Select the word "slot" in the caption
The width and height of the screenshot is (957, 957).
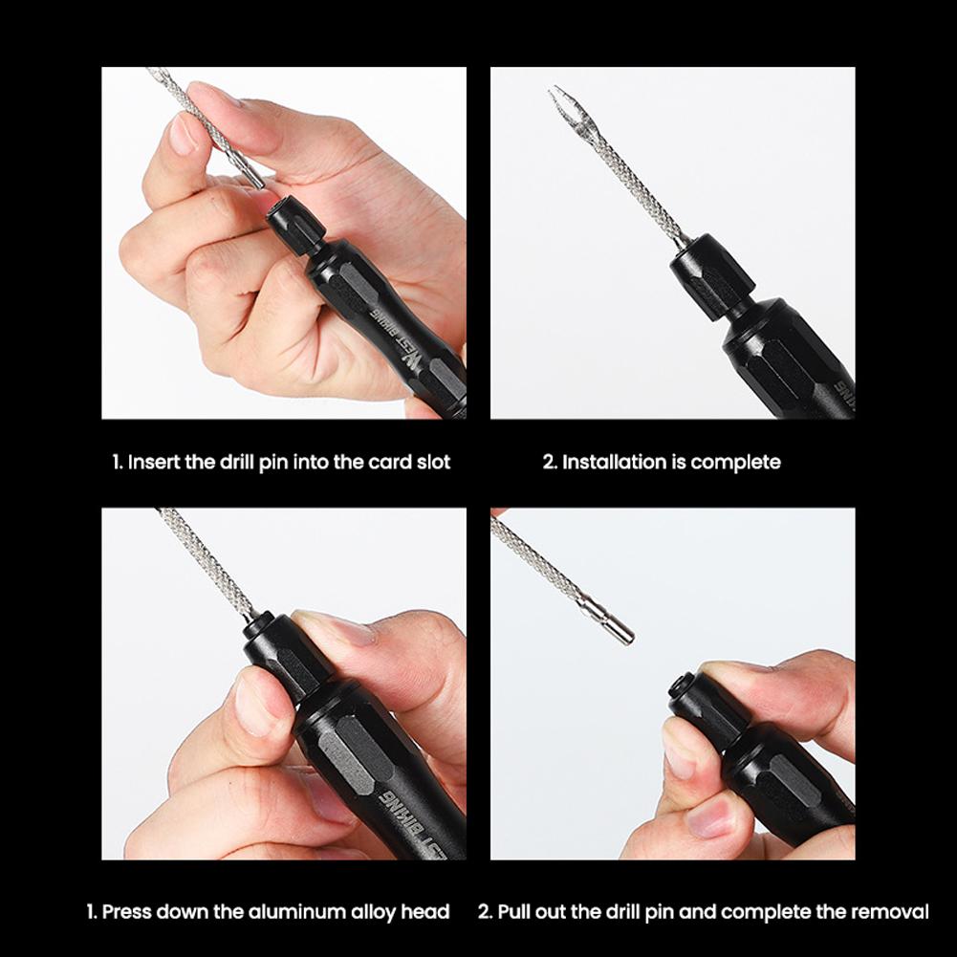coord(433,462)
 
